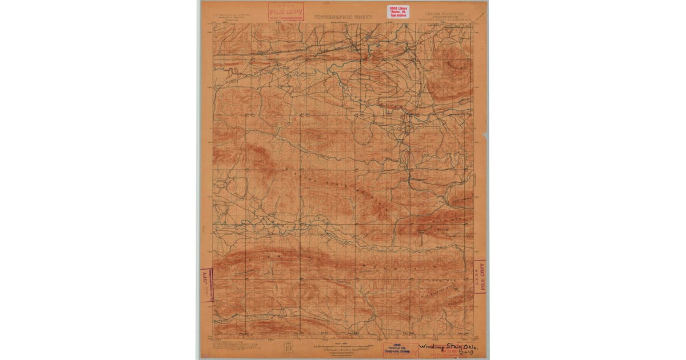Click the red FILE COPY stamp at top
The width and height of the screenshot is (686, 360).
286,12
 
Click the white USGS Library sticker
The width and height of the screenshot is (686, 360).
398,11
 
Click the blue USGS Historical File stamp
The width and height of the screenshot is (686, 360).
400,350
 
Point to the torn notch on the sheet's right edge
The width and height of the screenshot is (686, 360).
486,138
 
